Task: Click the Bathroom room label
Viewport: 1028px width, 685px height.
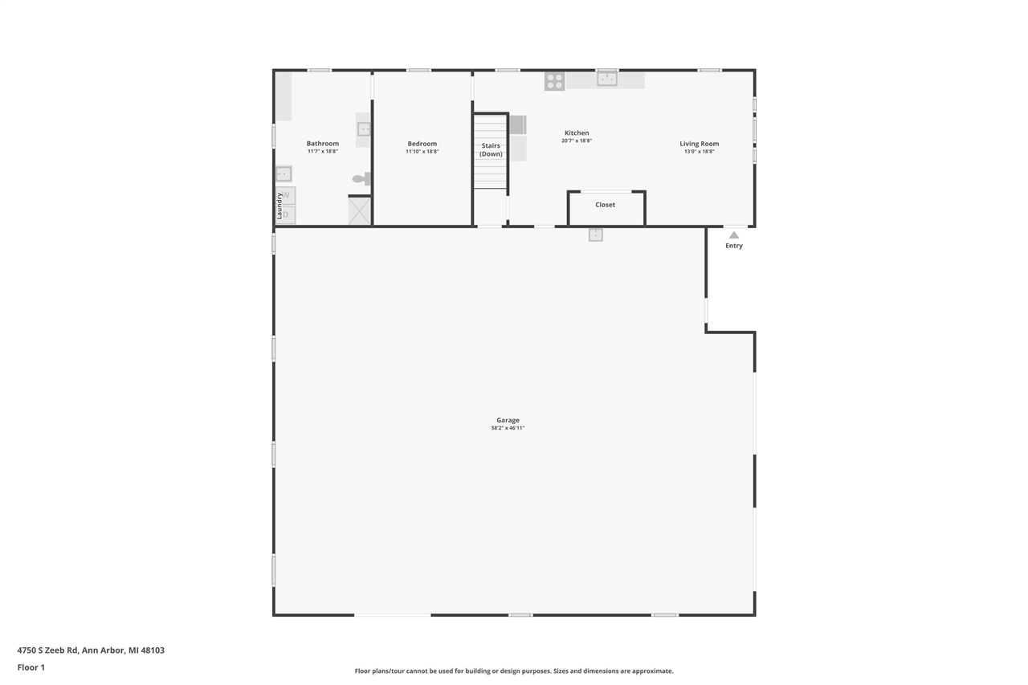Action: tap(322, 144)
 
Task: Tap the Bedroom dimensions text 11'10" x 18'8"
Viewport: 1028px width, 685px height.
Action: tap(422, 152)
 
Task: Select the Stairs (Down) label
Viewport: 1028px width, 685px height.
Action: tap(491, 150)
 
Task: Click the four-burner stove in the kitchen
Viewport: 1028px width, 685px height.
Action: tap(554, 81)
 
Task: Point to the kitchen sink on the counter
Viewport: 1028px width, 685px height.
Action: tap(606, 79)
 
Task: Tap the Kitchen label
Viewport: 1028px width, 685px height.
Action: tap(577, 133)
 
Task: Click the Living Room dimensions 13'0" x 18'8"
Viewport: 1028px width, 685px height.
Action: tap(699, 152)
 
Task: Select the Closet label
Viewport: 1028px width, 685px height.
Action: tap(605, 205)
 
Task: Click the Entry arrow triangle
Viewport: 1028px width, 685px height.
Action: tap(734, 235)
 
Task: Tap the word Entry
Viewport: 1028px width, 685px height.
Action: tap(734, 246)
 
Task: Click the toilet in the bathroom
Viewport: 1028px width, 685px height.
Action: tap(361, 179)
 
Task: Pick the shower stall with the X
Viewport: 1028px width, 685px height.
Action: tap(359, 211)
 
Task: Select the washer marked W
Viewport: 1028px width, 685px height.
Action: tap(286, 195)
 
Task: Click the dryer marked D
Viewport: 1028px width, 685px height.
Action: tap(286, 214)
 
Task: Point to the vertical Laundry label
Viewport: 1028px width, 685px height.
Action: tap(279, 206)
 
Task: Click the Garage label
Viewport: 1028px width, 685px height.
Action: tap(508, 420)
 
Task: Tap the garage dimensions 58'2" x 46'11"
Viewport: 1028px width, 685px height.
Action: tap(508, 428)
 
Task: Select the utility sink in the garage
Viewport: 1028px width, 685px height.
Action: tap(595, 234)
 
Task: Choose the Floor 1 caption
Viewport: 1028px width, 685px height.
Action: tap(31, 667)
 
